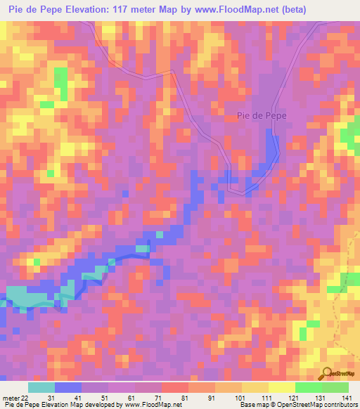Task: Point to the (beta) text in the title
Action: (x=290, y=8)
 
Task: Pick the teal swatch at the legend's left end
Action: (x=41, y=387)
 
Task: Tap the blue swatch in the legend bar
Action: (x=68, y=387)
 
